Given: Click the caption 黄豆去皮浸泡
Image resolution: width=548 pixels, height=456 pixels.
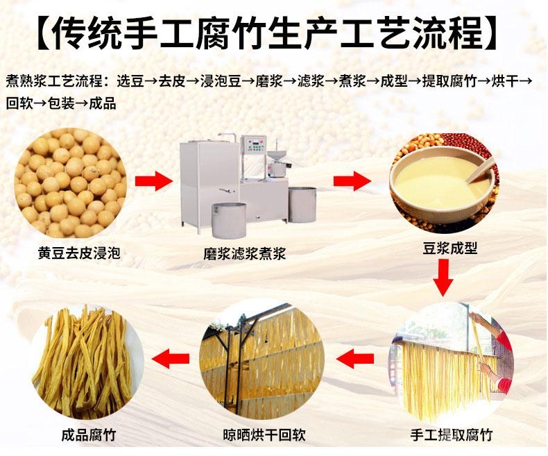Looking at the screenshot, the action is pos(79,253).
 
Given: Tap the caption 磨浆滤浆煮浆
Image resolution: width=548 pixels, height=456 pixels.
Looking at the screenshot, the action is pos(245,253).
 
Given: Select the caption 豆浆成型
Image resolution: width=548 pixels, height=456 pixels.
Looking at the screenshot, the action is pos(450,248).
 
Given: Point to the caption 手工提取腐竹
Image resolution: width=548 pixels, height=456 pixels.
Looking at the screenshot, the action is pos(451,435).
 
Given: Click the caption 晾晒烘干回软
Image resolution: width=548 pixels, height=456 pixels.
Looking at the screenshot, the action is pos(264,435).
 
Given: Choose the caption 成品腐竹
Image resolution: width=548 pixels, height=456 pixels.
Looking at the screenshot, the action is pos(89,435).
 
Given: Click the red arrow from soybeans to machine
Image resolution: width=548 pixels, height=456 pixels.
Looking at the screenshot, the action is pos(154,181).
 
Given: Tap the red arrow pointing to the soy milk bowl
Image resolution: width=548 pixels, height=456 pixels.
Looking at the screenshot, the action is pos(352,181).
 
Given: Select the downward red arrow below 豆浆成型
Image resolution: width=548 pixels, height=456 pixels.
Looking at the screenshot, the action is pos(443,278).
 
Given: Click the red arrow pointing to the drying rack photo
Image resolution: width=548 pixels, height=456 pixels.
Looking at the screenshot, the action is pos(355,358).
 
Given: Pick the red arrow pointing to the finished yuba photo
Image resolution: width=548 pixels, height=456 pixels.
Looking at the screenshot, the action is pos(171,358).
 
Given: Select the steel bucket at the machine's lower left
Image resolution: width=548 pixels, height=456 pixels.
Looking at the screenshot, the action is pos(229,220).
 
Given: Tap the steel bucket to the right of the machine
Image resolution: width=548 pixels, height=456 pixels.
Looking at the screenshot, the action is pos(302,205).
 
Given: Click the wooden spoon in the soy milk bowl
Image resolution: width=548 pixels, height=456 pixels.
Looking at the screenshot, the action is pos(479,170).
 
